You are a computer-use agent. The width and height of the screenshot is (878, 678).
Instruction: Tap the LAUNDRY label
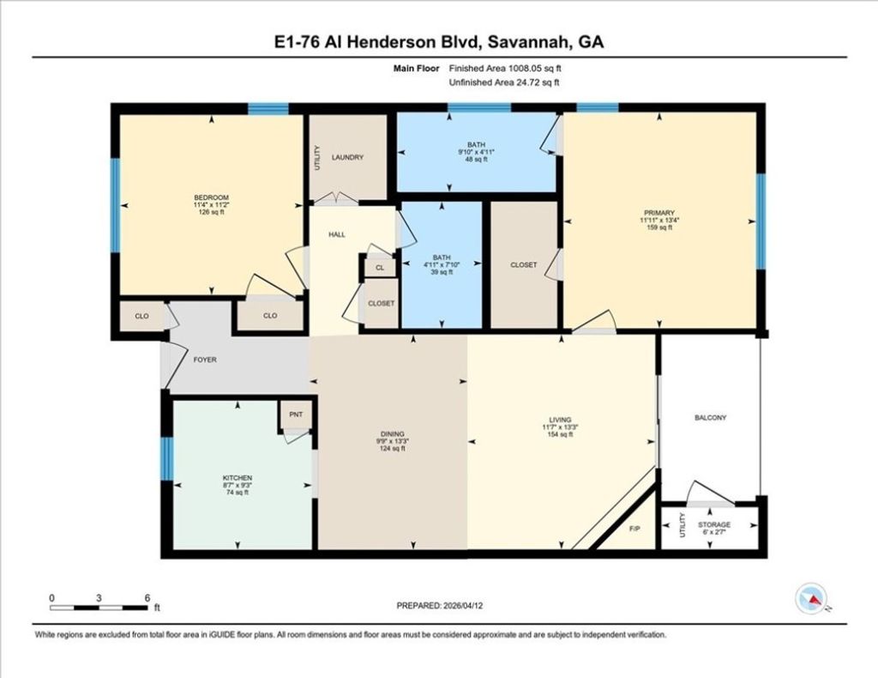click(x=347, y=157)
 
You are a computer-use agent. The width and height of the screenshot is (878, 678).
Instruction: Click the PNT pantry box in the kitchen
click(x=296, y=415)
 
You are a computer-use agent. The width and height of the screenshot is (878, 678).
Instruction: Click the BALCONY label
click(x=710, y=418)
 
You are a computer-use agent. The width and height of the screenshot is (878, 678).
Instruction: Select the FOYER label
click(x=204, y=360)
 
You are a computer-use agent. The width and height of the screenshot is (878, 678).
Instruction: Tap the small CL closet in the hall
click(x=379, y=268)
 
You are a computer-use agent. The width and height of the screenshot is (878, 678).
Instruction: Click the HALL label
click(x=337, y=233)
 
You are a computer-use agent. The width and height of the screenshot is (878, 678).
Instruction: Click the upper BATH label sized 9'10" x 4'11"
click(x=477, y=145)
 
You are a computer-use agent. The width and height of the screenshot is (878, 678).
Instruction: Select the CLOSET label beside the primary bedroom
click(x=523, y=264)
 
